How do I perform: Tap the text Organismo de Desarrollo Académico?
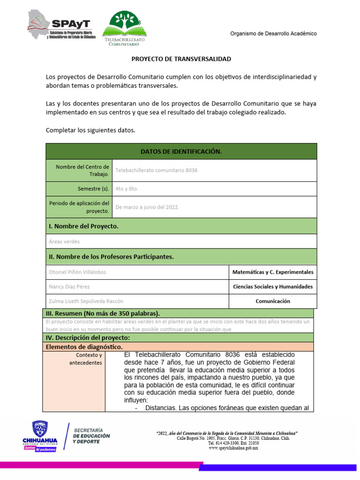point(273,34)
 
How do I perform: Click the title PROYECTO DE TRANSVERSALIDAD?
point(181,59)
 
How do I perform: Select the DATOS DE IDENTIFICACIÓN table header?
point(181,151)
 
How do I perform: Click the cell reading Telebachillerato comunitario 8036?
point(156,170)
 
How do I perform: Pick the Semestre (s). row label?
point(94,189)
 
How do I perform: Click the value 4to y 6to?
point(127,189)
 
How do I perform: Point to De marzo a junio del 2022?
point(147,207)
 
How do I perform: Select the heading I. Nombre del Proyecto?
point(83,226)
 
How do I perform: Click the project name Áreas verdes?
point(64,241)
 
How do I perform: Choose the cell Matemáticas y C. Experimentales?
point(273,272)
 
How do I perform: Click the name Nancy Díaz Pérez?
point(69,286)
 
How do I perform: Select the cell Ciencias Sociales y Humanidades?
point(273,286)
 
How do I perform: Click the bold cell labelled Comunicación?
point(273,301)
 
